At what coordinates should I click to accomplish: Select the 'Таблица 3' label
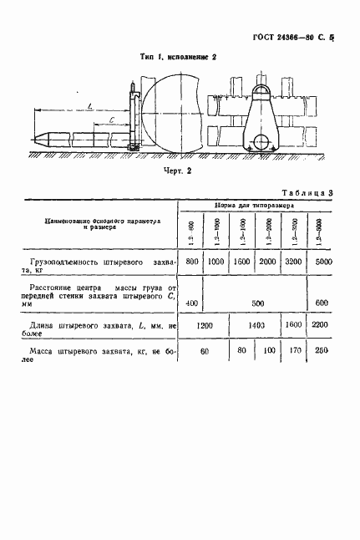pyautogui.click(x=307, y=193)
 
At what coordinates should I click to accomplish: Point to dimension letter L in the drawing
pyautogui.click(x=89, y=105)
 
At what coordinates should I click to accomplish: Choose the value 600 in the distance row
pyautogui.click(x=323, y=302)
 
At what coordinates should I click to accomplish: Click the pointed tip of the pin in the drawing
pyautogui.click(x=31, y=138)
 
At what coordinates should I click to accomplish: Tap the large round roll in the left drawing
pyautogui.click(x=174, y=114)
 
